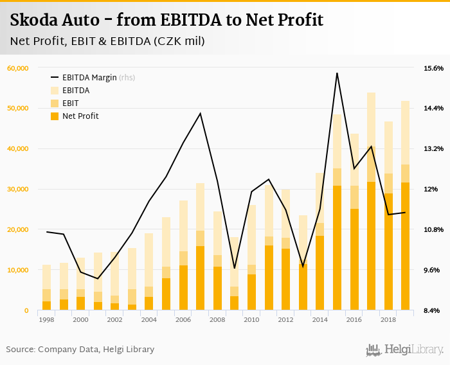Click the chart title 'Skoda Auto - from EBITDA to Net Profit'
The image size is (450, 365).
[x=166, y=20]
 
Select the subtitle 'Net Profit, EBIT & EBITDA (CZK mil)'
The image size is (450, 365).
[x=107, y=42]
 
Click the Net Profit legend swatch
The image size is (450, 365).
[x=55, y=116]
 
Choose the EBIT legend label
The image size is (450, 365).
[x=71, y=103]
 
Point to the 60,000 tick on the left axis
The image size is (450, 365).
[x=17, y=68]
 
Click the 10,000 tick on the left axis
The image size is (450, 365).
[x=17, y=270]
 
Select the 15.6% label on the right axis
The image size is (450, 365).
[x=433, y=68]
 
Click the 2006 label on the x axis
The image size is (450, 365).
[x=183, y=319]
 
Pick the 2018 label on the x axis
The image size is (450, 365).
[x=388, y=319]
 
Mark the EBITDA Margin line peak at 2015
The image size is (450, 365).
[x=337, y=73]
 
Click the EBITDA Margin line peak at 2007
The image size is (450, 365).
[x=201, y=114]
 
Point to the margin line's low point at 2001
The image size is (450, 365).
[x=98, y=278]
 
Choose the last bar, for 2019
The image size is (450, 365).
[x=405, y=206]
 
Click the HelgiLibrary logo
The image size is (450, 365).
[x=404, y=350]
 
